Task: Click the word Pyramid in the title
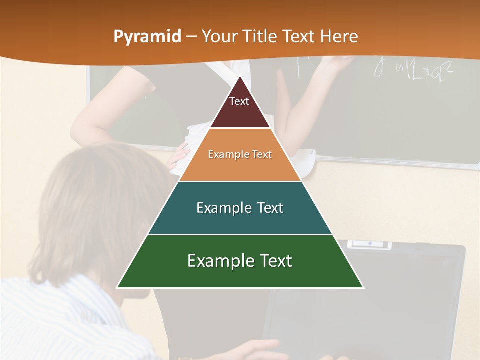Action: pyautogui.click(x=147, y=37)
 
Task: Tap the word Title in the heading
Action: pyautogui.click(x=260, y=36)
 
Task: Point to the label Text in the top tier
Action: pyautogui.click(x=239, y=101)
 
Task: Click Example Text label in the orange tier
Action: pyautogui.click(x=240, y=154)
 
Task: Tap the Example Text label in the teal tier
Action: pyautogui.click(x=240, y=208)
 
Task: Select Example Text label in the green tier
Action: pyautogui.click(x=240, y=261)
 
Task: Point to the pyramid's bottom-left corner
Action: pyautogui.click(x=117, y=287)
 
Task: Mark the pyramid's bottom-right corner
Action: pyautogui.click(x=363, y=287)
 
